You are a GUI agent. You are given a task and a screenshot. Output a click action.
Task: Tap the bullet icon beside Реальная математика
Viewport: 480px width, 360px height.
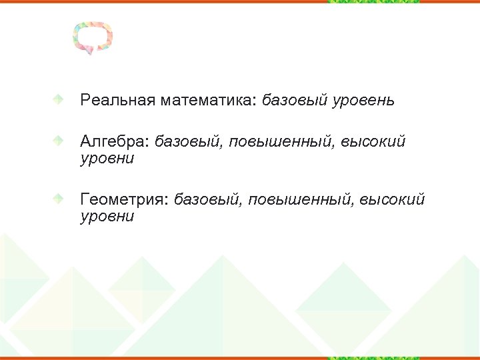[x=59, y=100]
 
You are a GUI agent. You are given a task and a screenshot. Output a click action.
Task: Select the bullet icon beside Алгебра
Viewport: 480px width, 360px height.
[x=59, y=141]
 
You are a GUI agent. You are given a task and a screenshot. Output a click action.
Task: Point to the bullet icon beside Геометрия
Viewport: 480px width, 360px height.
[x=59, y=199]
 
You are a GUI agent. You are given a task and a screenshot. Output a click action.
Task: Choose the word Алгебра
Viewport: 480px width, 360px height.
[x=115, y=141]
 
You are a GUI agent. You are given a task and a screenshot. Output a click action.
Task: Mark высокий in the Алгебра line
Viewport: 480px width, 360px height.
[x=373, y=141]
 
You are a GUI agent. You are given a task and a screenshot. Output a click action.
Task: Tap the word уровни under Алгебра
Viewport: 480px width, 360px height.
[x=107, y=159]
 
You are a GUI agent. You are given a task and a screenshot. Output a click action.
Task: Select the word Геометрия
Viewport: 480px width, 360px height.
[x=125, y=199]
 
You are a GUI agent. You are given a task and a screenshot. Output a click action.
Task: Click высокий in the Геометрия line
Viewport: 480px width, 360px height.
[x=393, y=199]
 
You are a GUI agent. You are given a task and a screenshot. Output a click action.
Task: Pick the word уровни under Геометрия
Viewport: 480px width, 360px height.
[x=107, y=217]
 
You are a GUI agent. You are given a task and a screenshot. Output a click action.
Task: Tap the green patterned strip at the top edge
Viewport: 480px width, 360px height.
[x=373, y=2]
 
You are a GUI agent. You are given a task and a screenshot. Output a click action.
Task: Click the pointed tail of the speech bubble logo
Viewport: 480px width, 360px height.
[x=90, y=52]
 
